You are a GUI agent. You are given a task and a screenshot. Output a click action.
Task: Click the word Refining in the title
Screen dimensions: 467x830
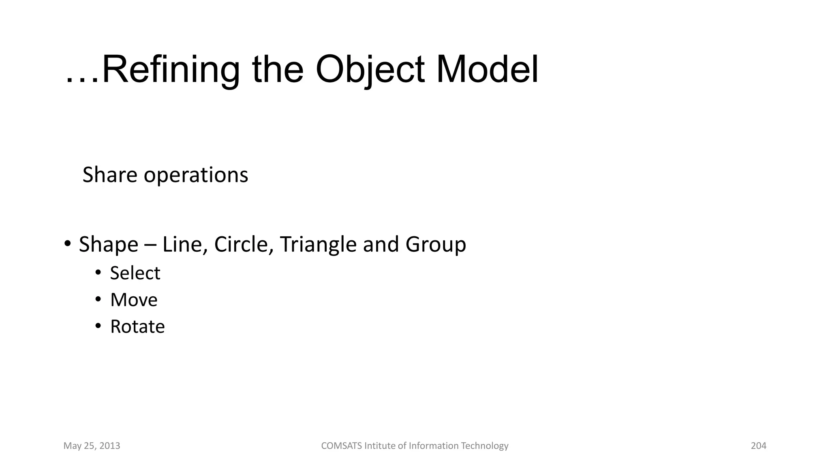(x=171, y=69)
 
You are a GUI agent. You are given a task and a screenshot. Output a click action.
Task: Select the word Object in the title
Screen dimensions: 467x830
(x=370, y=69)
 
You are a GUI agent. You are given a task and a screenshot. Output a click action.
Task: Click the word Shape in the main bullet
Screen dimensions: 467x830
(x=108, y=244)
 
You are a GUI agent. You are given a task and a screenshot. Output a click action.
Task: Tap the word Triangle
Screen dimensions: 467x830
(x=318, y=244)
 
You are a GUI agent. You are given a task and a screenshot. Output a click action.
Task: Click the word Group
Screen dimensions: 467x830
(x=436, y=244)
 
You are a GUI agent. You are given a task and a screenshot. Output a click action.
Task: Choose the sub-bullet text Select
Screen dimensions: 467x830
(x=135, y=273)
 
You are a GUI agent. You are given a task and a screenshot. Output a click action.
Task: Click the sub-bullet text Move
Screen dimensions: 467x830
(x=134, y=300)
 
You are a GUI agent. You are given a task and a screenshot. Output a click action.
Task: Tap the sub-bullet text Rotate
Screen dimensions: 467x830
(x=137, y=327)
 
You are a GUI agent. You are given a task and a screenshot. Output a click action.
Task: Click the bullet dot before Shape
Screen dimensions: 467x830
(x=68, y=244)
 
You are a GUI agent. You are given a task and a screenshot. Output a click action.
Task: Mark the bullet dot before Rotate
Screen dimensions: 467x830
(x=98, y=326)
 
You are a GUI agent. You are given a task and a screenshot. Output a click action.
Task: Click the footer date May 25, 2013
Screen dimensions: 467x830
(x=92, y=446)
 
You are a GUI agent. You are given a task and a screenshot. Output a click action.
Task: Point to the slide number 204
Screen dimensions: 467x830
(x=758, y=446)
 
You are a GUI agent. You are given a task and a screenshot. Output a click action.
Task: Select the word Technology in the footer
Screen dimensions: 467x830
(x=485, y=446)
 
